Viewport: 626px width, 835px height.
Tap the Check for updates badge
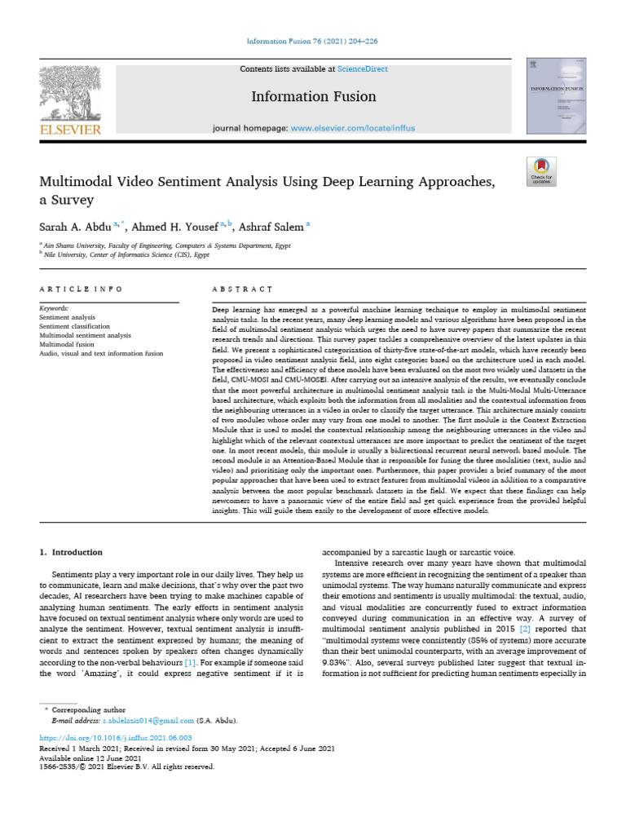541,171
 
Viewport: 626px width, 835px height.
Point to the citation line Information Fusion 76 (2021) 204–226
312,42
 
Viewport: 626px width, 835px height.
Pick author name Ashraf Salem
273,226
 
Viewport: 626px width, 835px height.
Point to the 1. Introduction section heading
72,552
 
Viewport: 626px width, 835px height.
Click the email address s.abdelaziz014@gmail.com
148,721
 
